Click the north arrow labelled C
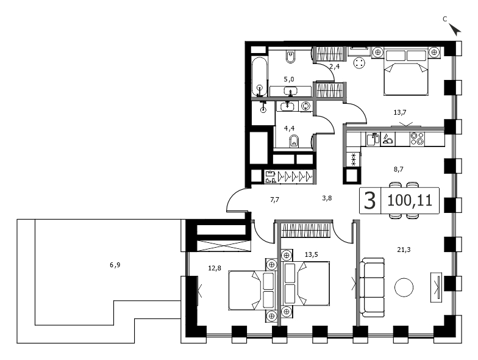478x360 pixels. pyautogui.click(x=455, y=30)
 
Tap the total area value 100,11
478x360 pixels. pyautogui.click(x=410, y=200)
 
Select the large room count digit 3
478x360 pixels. pyautogui.click(x=369, y=201)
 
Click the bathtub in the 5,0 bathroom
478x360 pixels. pyautogui.click(x=260, y=76)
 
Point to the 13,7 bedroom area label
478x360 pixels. pyautogui.click(x=400, y=112)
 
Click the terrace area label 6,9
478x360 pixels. pyautogui.click(x=115, y=265)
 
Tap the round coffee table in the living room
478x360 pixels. pyautogui.click(x=404, y=287)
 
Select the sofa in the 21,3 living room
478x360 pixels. pyautogui.click(x=372, y=287)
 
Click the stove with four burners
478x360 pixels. pyautogui.click(x=417, y=139)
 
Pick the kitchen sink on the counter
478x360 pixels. pyautogui.click(x=373, y=139)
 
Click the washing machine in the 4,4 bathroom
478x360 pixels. pyautogui.click(x=305, y=106)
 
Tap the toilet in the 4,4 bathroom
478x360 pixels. pyautogui.click(x=294, y=142)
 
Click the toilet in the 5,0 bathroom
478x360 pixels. pyautogui.click(x=291, y=56)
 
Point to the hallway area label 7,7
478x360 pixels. pyautogui.click(x=274, y=200)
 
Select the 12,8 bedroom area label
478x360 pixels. pyautogui.click(x=215, y=268)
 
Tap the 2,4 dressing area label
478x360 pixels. pyautogui.click(x=334, y=66)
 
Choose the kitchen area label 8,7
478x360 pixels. pyautogui.click(x=399, y=168)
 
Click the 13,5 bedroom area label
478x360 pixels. pyautogui.click(x=311, y=254)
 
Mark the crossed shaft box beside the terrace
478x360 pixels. pyautogui.click(x=222, y=246)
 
